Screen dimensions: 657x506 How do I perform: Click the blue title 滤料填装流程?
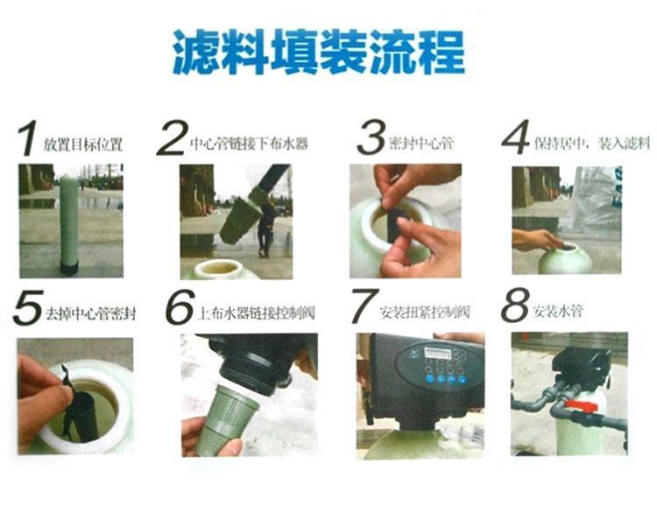[x=319, y=52]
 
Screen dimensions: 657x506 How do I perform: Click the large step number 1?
[x=27, y=137]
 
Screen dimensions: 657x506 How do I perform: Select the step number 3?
[x=371, y=137]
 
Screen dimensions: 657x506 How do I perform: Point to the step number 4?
[x=516, y=137]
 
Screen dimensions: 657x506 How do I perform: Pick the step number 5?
[x=28, y=307]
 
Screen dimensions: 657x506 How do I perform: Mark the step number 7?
[x=364, y=306]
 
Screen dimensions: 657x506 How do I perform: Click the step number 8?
[x=515, y=305]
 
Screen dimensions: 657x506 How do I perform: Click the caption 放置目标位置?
[x=83, y=145]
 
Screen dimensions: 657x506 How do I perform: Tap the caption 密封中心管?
[x=421, y=144]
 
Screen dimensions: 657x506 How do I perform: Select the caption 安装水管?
[x=558, y=312]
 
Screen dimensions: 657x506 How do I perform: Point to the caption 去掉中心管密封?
[x=90, y=313]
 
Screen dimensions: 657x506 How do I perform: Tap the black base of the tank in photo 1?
[x=69, y=267]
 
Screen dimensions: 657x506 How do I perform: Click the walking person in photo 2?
[x=265, y=228]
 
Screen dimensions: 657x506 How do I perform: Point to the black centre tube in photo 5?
[x=85, y=416]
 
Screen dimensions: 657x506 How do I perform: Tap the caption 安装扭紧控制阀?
[x=425, y=313]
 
